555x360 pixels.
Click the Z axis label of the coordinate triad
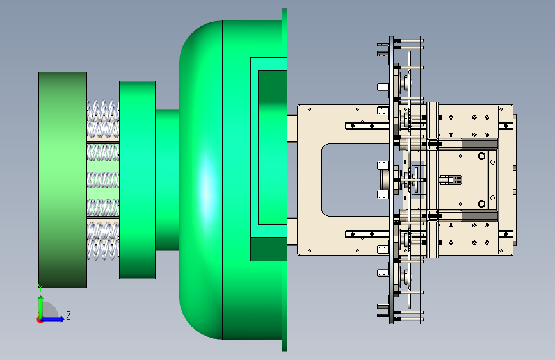68,315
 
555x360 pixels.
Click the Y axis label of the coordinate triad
40,288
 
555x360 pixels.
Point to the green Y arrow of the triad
41,307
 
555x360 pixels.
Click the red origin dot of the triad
40,320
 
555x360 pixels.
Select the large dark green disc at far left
63,179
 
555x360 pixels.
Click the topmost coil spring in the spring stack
103,110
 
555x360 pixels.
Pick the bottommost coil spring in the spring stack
103,249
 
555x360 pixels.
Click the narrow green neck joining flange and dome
167,179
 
